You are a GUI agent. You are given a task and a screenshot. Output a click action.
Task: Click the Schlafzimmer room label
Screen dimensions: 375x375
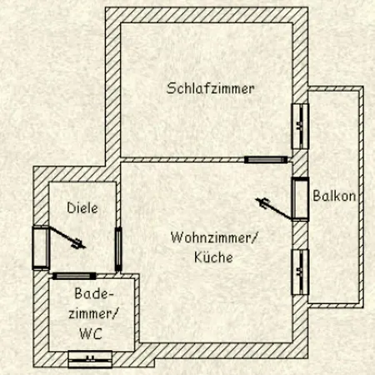pyautogui.click(x=210, y=88)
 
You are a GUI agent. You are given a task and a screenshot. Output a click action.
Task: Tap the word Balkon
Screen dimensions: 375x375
pyautogui.click(x=334, y=196)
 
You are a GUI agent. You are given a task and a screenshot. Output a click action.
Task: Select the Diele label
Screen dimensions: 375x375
pyautogui.click(x=82, y=207)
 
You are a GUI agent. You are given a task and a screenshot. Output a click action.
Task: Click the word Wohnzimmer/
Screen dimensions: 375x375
pyautogui.click(x=214, y=238)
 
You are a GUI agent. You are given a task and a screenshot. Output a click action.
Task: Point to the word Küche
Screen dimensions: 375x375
pyautogui.click(x=213, y=257)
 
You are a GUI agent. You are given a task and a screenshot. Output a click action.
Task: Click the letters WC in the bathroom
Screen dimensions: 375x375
pyautogui.click(x=91, y=333)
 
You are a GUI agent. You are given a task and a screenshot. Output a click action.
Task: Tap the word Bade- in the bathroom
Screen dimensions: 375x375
pyautogui.click(x=94, y=293)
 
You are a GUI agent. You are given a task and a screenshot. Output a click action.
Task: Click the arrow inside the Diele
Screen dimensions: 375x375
pyautogui.click(x=67, y=237)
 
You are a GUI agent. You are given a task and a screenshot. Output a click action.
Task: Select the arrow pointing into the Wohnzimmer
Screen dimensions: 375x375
pyautogui.click(x=274, y=208)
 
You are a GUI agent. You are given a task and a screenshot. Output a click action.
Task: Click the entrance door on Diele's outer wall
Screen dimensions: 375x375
pyautogui.click(x=41, y=247)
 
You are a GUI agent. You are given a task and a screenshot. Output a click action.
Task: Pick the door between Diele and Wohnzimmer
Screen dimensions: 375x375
pyautogui.click(x=118, y=249)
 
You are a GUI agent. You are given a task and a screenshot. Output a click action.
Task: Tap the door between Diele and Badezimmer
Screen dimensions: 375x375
pyautogui.click(x=74, y=276)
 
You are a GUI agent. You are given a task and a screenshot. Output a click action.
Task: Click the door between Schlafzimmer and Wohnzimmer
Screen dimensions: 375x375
pyautogui.click(x=266, y=159)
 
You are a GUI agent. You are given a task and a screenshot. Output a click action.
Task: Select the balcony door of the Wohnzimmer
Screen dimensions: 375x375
pyautogui.click(x=300, y=199)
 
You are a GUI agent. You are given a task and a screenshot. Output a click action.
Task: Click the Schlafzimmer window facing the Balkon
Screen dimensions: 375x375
pyautogui.click(x=300, y=127)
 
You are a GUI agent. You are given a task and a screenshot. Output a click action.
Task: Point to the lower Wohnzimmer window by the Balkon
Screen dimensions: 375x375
pyautogui.click(x=300, y=272)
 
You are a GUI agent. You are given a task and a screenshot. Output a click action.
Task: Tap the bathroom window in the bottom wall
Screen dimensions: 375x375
pyautogui.click(x=90, y=359)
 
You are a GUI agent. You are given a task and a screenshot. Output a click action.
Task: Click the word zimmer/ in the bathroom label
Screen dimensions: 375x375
pyautogui.click(x=93, y=314)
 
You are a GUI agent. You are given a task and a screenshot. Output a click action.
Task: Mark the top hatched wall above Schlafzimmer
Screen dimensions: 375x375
pyautogui.click(x=207, y=15)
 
